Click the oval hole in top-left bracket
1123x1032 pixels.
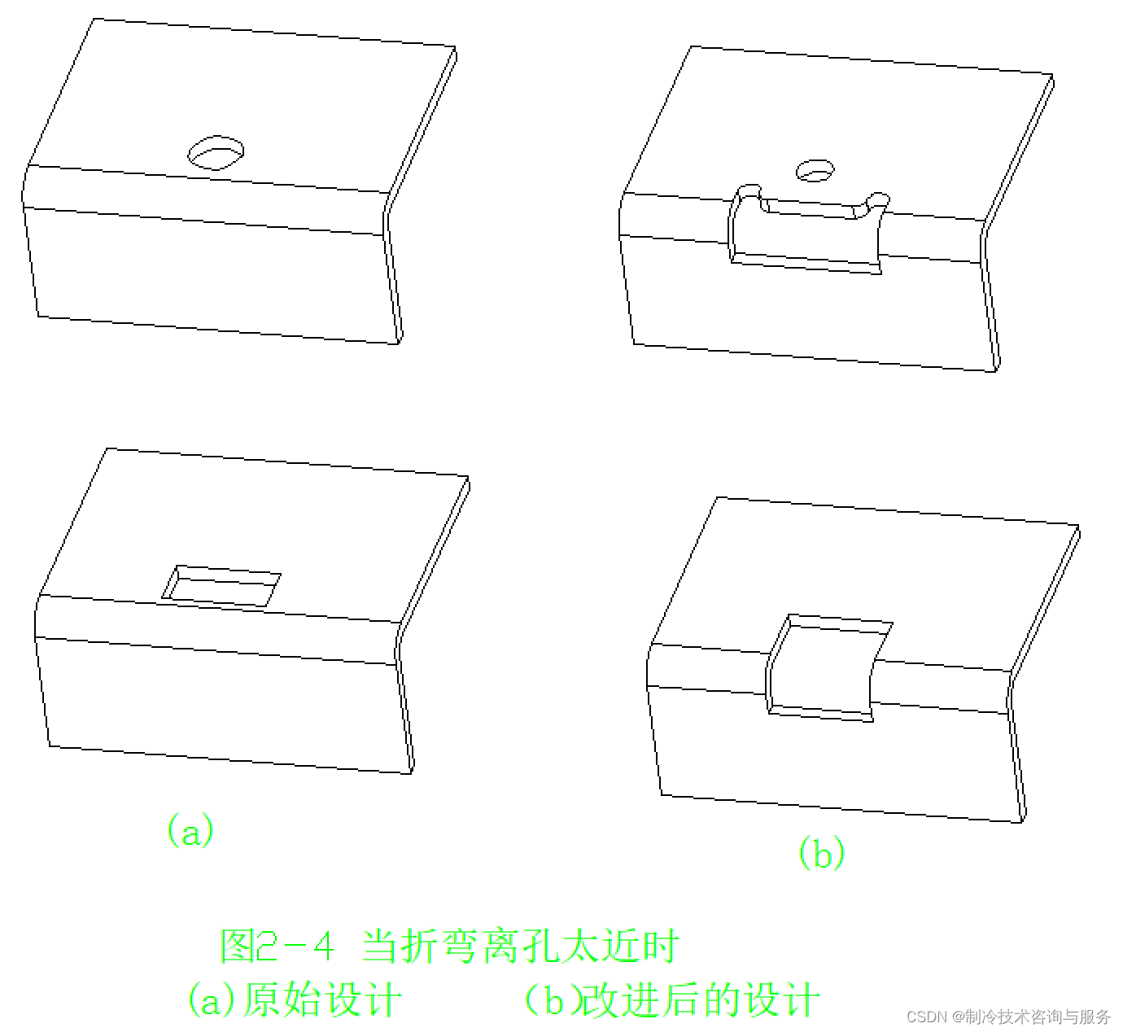point(216,151)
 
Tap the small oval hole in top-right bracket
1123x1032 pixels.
point(815,169)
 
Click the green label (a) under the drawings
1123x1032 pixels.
point(190,830)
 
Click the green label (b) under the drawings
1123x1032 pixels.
point(820,853)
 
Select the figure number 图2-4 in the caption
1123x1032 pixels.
point(277,946)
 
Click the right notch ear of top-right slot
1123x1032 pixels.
point(877,200)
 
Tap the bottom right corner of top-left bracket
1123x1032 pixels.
point(400,343)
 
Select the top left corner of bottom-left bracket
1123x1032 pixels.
point(108,448)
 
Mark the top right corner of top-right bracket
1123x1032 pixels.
point(1054,77)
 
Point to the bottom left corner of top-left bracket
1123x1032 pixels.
point(38,314)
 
